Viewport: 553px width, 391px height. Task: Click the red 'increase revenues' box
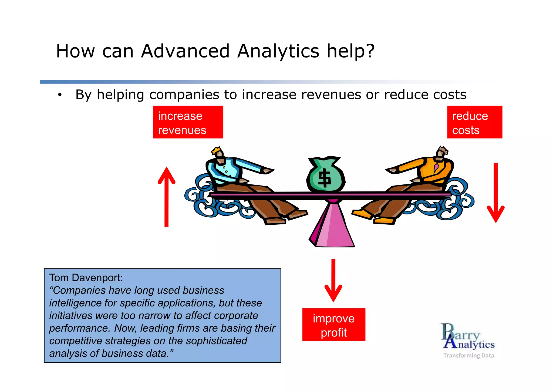click(188, 122)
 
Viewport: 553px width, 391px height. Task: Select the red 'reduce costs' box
click(474, 122)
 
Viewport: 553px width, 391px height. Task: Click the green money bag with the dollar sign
click(326, 175)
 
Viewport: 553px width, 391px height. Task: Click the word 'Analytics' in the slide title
click(278, 51)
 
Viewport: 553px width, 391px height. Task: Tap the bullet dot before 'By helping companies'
click(60, 95)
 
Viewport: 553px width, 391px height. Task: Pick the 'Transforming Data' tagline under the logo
click(468, 355)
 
